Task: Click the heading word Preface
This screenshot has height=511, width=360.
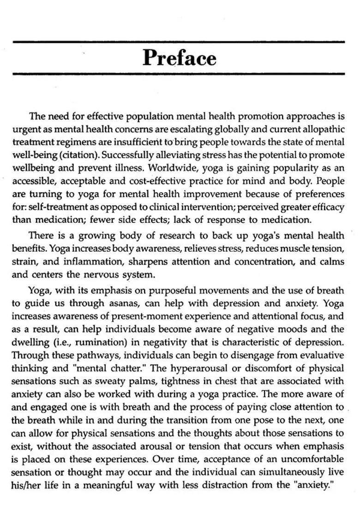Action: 179,58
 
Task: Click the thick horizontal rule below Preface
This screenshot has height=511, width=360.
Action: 179,74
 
